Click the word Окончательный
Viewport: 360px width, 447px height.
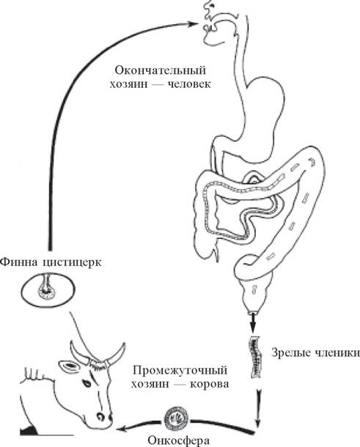161,70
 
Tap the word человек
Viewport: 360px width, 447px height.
189,84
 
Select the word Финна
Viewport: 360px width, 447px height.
19,262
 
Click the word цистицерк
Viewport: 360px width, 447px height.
72,262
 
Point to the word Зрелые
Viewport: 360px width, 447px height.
290,353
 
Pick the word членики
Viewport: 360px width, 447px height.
337,352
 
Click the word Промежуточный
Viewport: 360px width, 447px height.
180,371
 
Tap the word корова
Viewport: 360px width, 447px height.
210,384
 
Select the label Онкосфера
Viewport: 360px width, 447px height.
179,440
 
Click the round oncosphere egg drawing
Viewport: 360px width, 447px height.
177,419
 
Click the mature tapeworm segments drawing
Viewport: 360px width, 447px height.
256,357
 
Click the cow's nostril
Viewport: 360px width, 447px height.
100,416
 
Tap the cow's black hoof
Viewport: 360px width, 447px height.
29,430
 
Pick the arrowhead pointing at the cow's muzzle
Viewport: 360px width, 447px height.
123,428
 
